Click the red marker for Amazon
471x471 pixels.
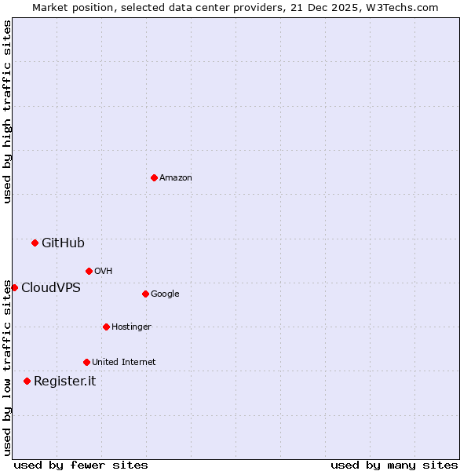[154, 177]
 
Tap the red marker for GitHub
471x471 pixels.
[35, 243]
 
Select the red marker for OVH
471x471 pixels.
[89, 271]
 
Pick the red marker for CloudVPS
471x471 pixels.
[14, 287]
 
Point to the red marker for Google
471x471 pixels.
[145, 294]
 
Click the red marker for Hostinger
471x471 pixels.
[106, 327]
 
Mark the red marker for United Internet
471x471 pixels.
[86, 362]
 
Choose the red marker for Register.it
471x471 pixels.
[27, 381]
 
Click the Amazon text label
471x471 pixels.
[176, 178]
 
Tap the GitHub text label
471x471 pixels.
[63, 243]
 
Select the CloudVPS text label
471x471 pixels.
[51, 288]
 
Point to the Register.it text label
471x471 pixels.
[64, 382]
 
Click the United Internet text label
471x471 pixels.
[124, 363]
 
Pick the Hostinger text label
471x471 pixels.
[131, 327]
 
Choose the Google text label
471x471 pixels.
[165, 294]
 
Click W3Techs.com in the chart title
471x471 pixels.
[402, 7]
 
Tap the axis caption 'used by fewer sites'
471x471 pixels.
[81, 465]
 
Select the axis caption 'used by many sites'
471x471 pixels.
[394, 465]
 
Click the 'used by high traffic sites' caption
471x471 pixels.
[7, 111]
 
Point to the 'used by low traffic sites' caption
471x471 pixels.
[7, 367]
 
